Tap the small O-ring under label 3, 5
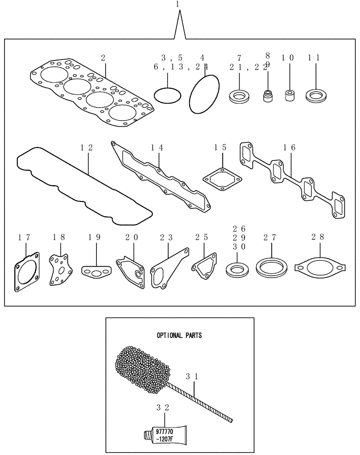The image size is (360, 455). [x=167, y=96]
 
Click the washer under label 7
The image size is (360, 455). [x=239, y=96]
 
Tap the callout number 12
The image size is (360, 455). [x=86, y=147]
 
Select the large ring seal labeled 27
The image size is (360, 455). [x=271, y=268]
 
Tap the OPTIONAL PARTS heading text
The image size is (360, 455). [x=179, y=335]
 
